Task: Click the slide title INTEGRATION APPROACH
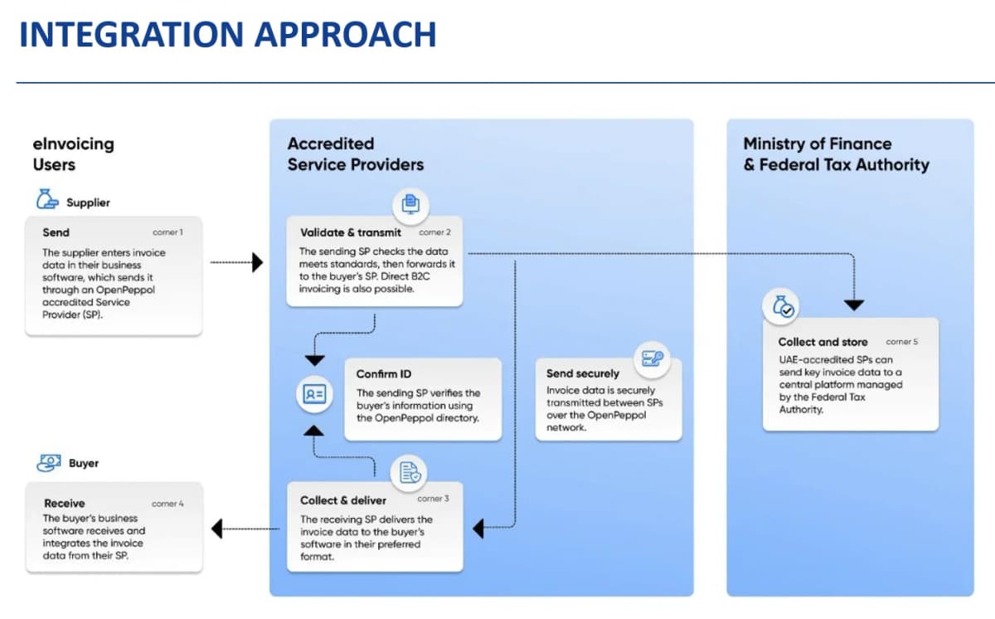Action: click(x=227, y=35)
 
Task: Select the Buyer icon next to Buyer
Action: click(x=48, y=462)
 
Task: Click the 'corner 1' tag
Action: click(x=167, y=232)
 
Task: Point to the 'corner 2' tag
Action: click(x=434, y=232)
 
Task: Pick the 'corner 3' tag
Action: click(x=433, y=500)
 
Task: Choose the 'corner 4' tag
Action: click(x=167, y=504)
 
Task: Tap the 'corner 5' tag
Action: click(x=901, y=342)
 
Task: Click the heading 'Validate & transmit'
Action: click(x=350, y=232)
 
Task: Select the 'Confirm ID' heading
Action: click(x=384, y=374)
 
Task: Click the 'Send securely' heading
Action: click(x=583, y=373)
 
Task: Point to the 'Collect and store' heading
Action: click(x=823, y=342)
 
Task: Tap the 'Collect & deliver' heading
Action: click(x=343, y=500)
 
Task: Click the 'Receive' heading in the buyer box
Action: click(x=64, y=503)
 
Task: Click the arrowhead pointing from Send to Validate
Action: click(x=257, y=263)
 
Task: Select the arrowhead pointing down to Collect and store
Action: click(x=853, y=305)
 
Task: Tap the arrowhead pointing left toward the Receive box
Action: click(x=217, y=529)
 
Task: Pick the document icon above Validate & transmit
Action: click(x=410, y=202)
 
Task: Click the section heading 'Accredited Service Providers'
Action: click(x=355, y=154)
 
